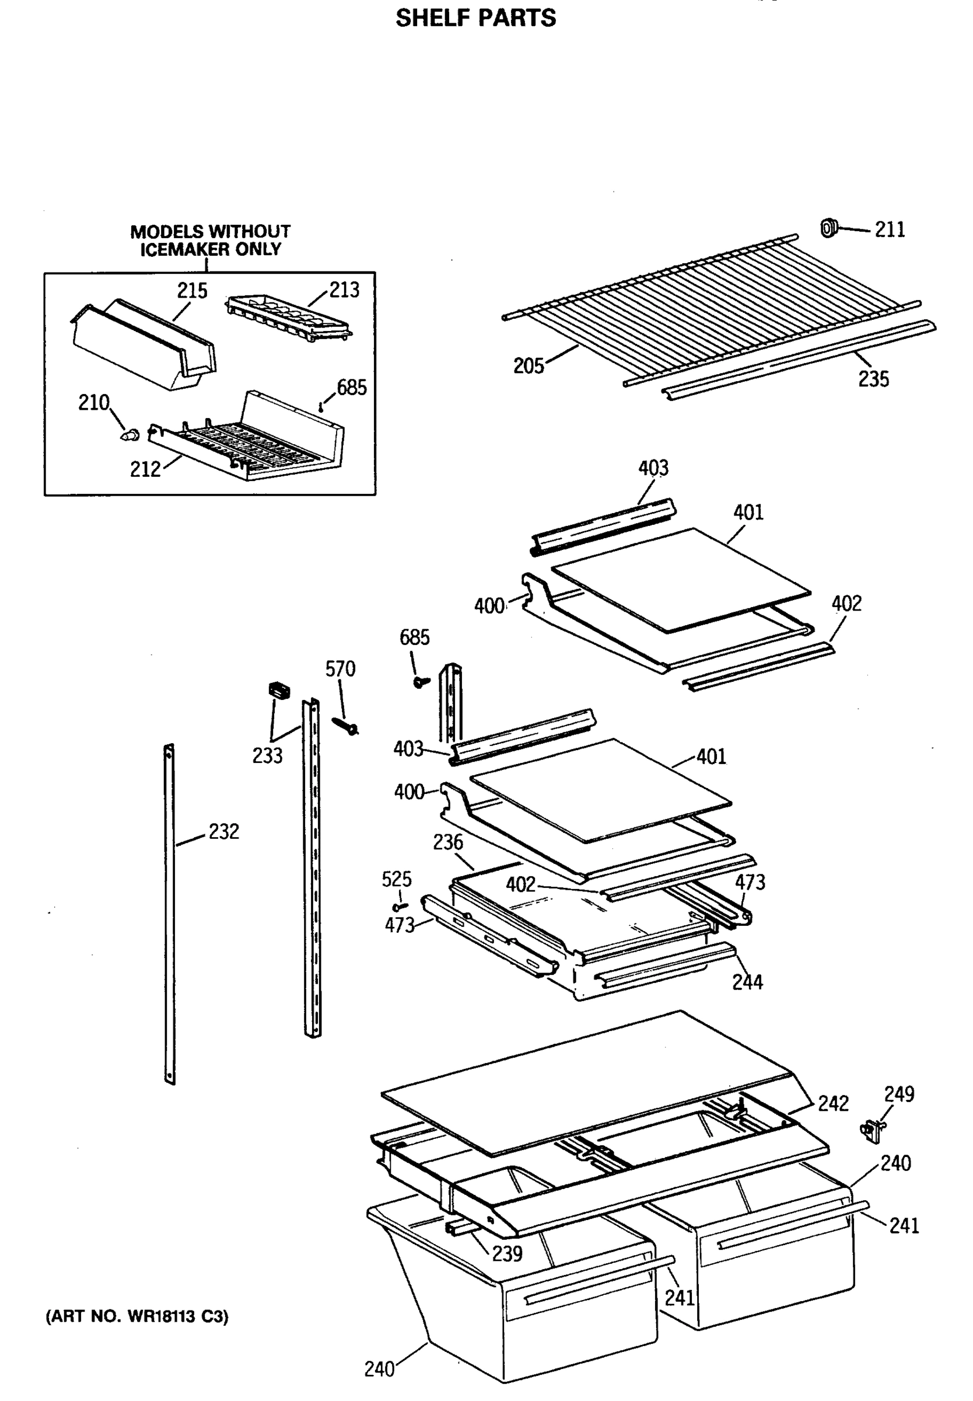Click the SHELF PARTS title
[x=475, y=18]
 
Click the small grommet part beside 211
[x=828, y=228]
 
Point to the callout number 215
[x=192, y=291]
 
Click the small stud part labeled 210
[x=130, y=435]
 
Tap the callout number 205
[x=528, y=366]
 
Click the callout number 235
[x=873, y=379]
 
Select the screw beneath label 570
[x=346, y=726]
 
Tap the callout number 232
[x=224, y=831]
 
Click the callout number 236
[x=447, y=842]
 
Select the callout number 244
[x=747, y=982]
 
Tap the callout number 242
[x=833, y=1103]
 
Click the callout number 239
[x=508, y=1253]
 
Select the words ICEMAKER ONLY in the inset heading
[x=211, y=249]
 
